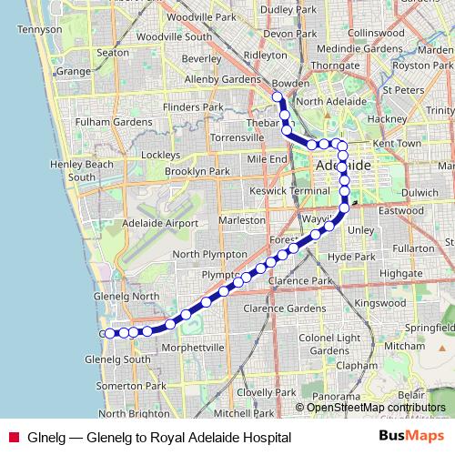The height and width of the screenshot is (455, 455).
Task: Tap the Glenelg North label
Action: pyautogui.click(x=126, y=296)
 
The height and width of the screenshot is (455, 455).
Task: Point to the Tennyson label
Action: pyautogui.click(x=38, y=29)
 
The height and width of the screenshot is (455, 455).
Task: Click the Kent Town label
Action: pyautogui.click(x=397, y=144)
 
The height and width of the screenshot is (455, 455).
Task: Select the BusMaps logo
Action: pyautogui.click(x=410, y=437)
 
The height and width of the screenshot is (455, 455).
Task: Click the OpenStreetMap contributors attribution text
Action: pyautogui.click(x=376, y=408)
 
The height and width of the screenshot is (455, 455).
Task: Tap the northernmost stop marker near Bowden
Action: pyautogui.click(x=278, y=96)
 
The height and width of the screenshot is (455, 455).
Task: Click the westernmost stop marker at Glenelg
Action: pyautogui.click(x=110, y=333)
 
